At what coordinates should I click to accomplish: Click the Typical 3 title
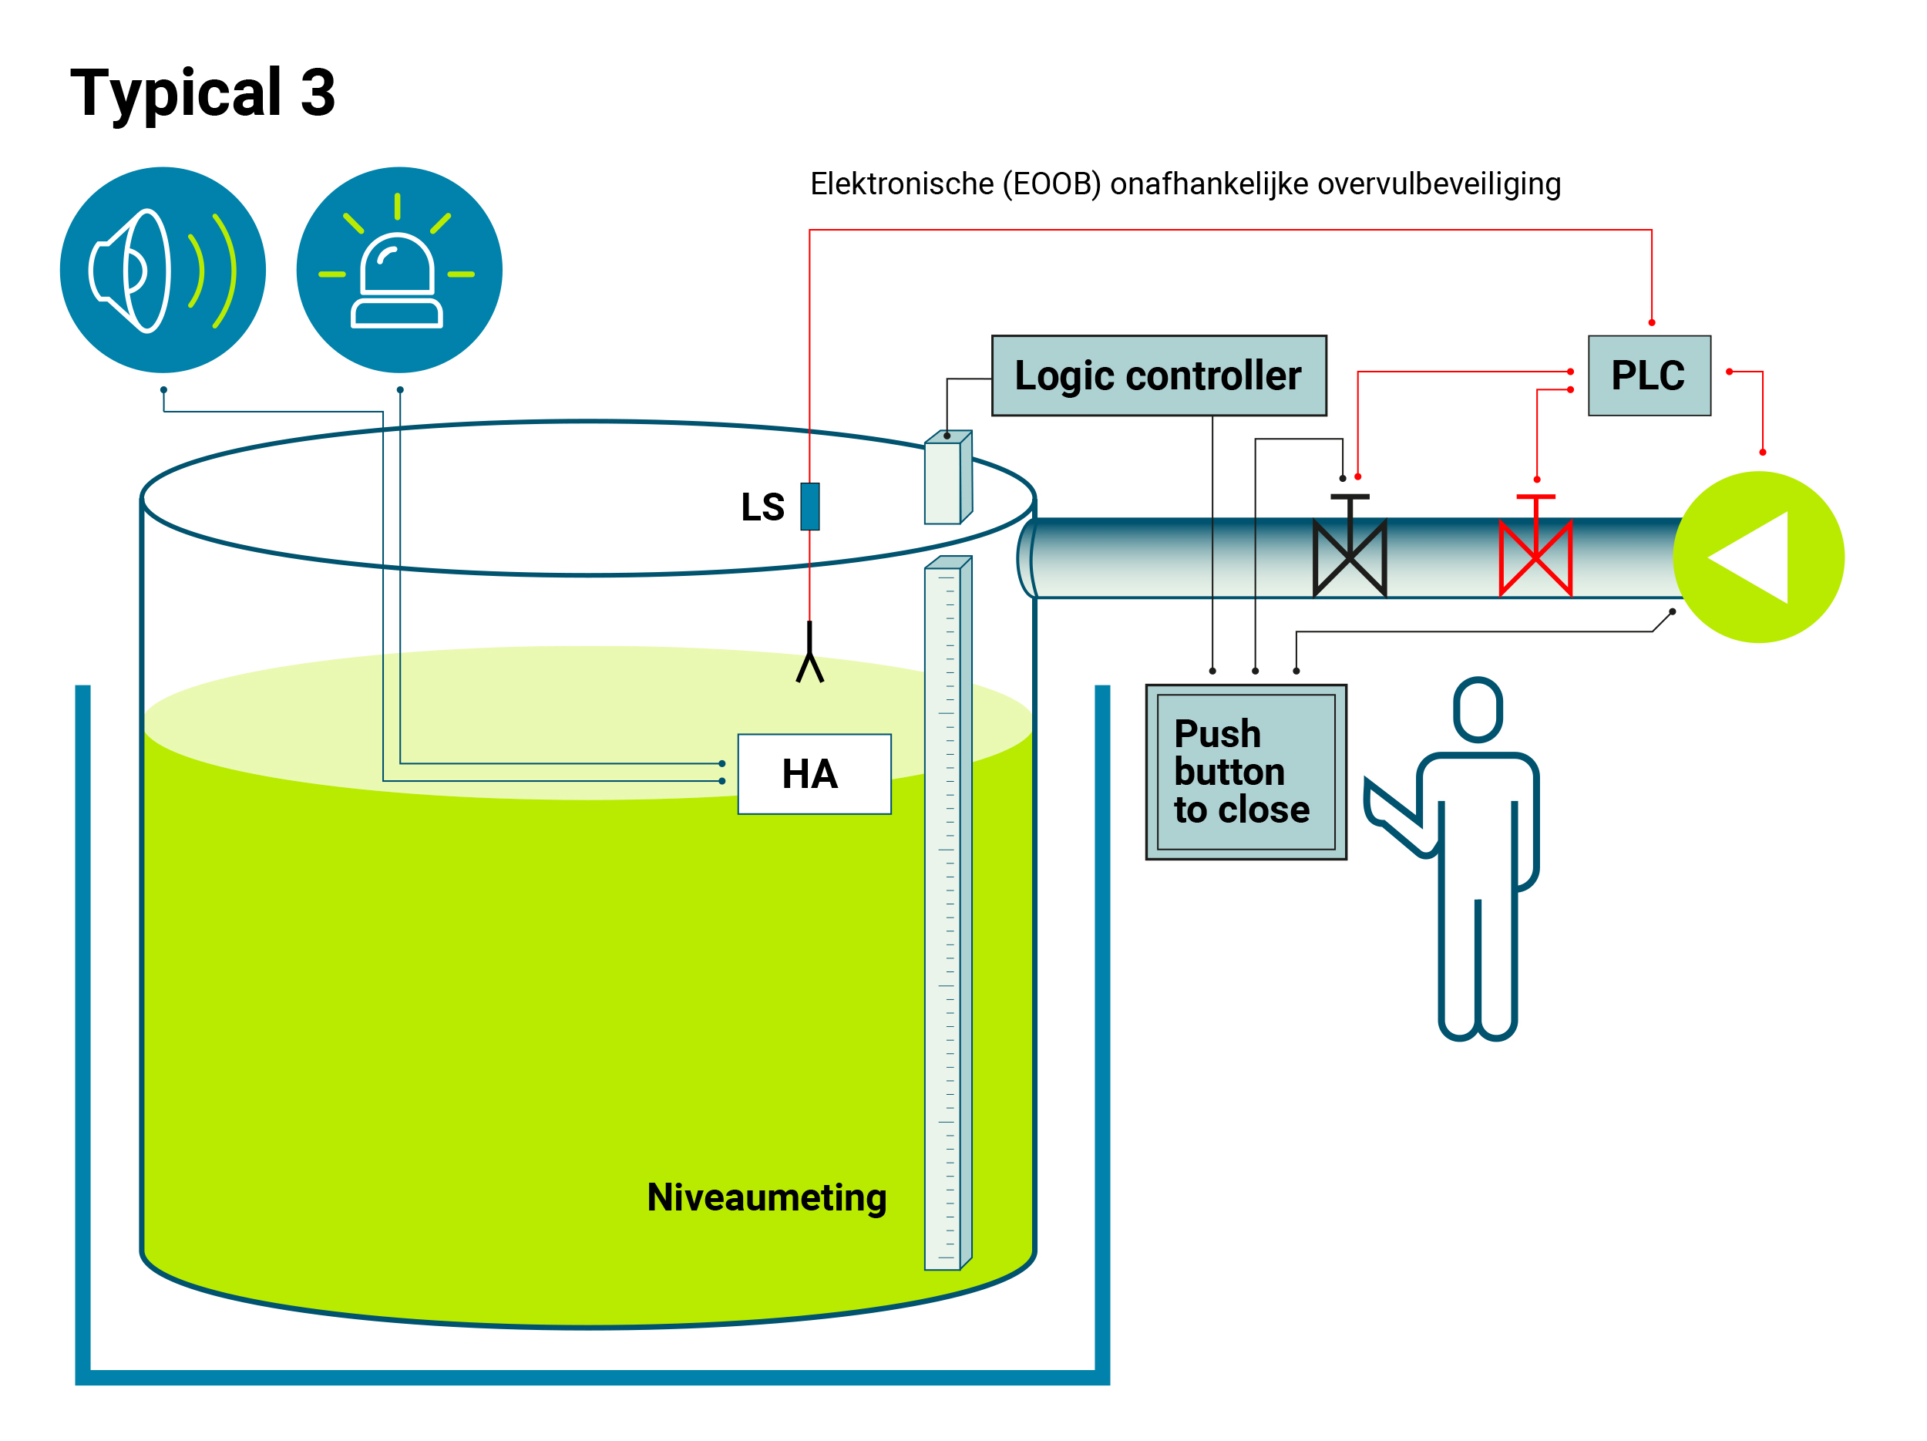(x=202, y=93)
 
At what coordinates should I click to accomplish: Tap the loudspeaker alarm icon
(x=163, y=270)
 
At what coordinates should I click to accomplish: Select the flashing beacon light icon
(x=399, y=270)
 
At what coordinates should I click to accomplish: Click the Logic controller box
(x=1159, y=375)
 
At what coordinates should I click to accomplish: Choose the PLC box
(x=1649, y=375)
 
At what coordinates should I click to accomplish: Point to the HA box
(x=814, y=773)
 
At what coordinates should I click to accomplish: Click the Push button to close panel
(x=1246, y=772)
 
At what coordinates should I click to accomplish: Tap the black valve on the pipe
(x=1350, y=556)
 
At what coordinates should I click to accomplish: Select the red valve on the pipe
(x=1536, y=556)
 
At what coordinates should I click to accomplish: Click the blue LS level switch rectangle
(x=810, y=507)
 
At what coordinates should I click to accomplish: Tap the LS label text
(x=762, y=507)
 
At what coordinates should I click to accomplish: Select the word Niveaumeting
(x=767, y=1198)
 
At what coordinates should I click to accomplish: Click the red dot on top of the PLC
(x=1652, y=322)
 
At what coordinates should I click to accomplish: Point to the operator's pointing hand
(x=1385, y=806)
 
